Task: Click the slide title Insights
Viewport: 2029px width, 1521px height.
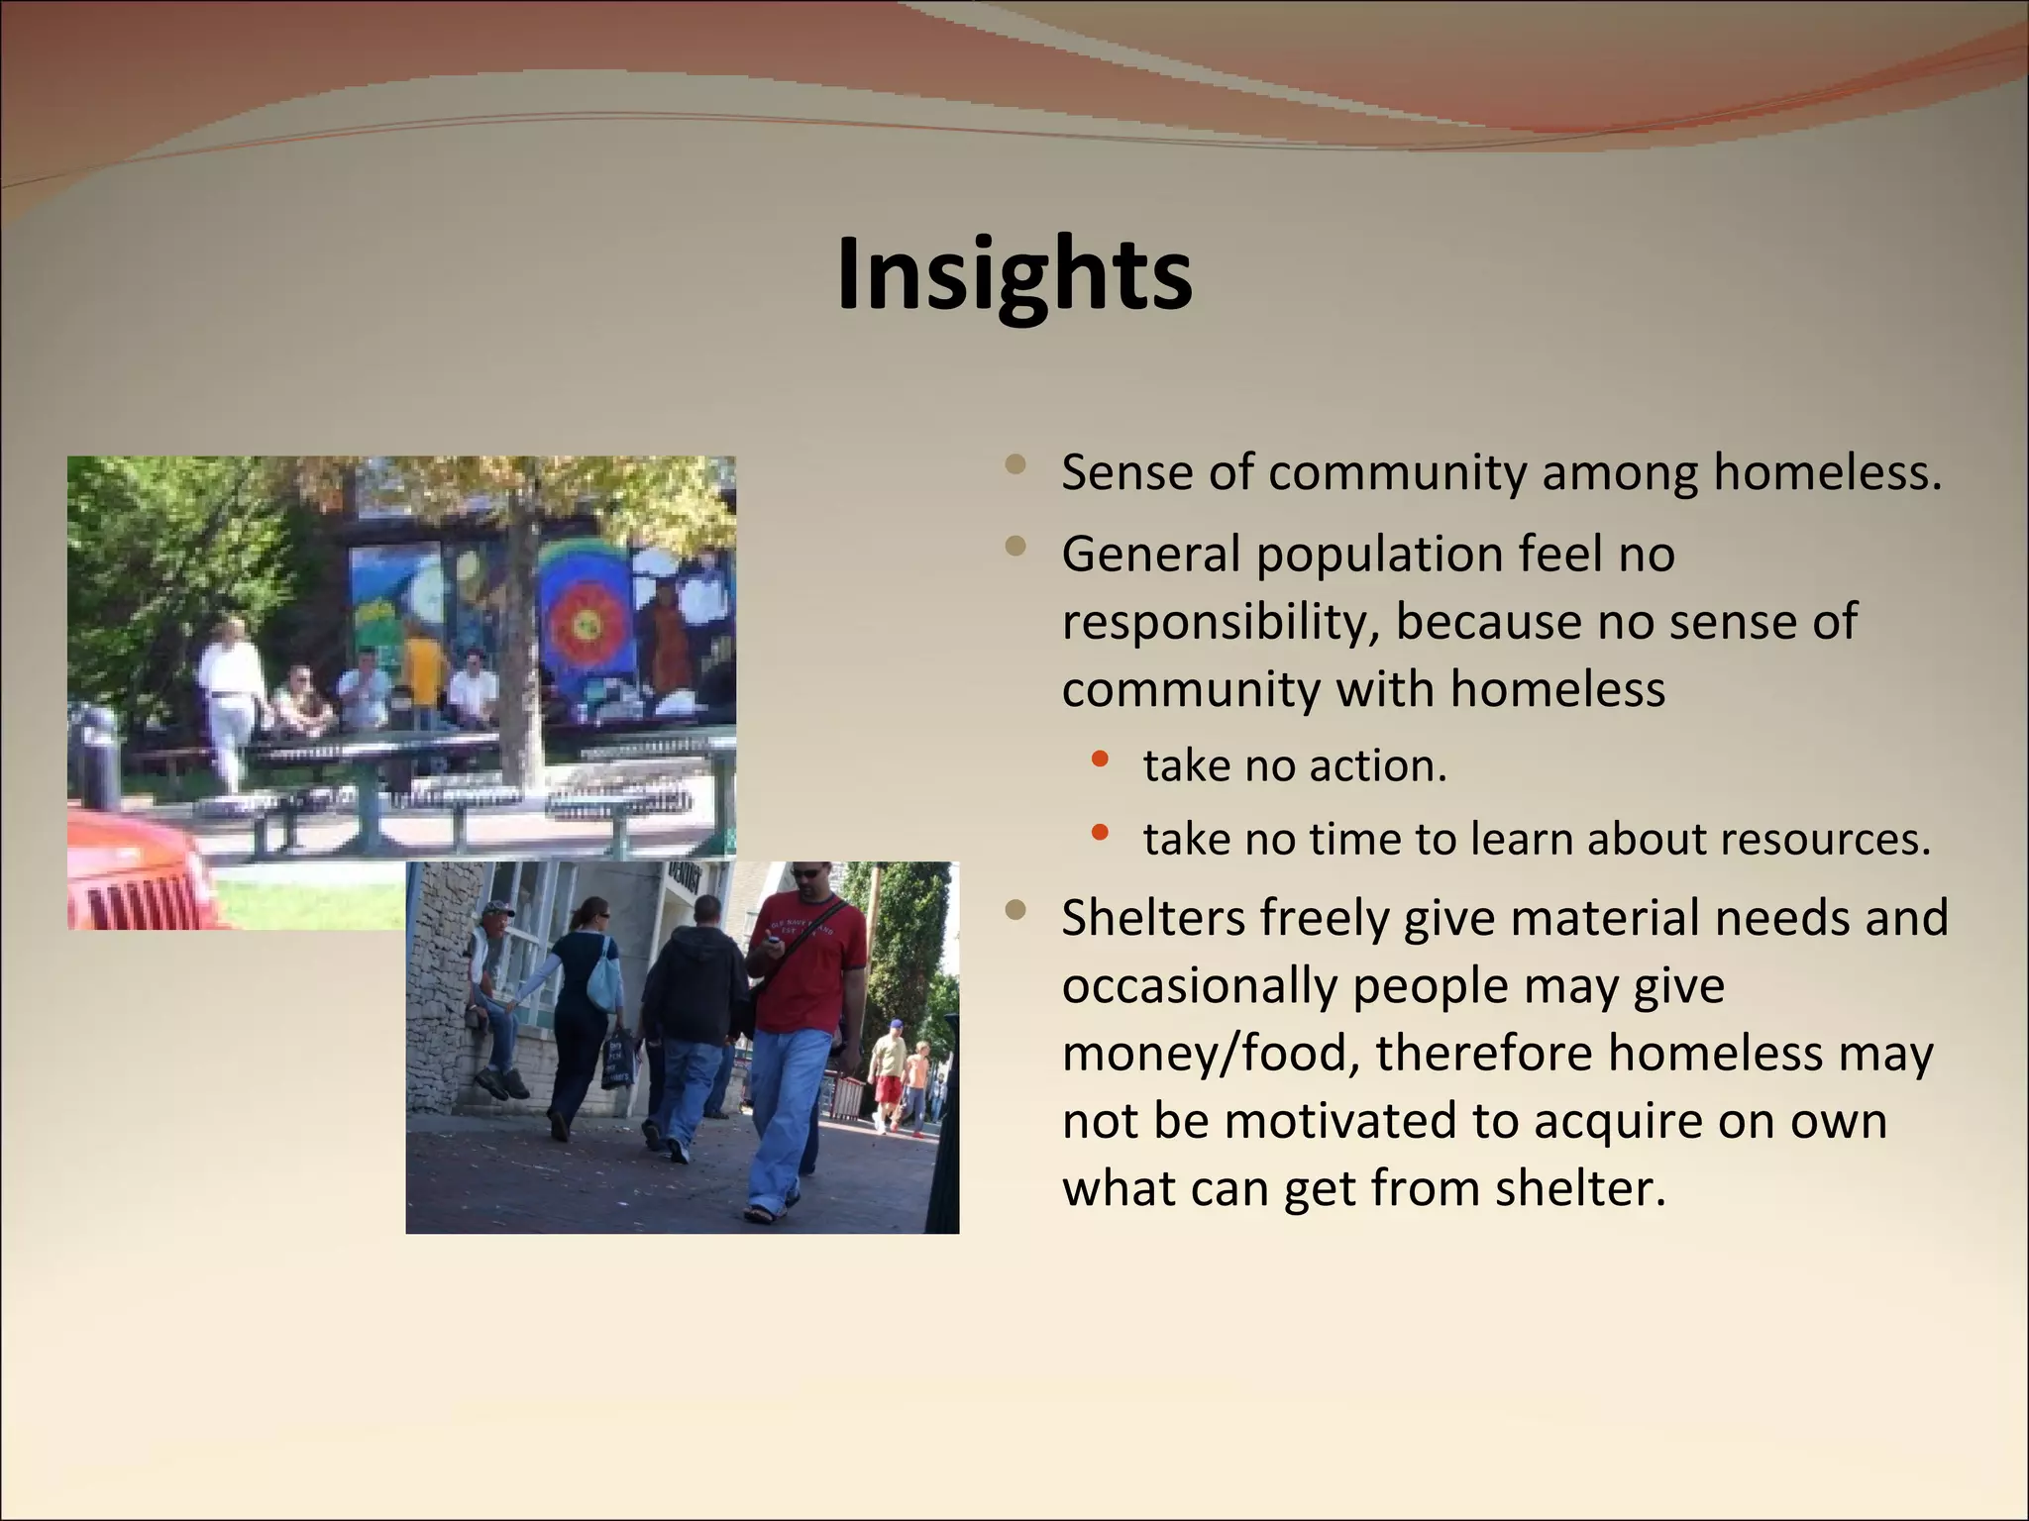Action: tap(1014, 274)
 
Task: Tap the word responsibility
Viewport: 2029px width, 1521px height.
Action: tap(1220, 622)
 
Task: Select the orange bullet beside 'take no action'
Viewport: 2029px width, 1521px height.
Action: tap(1099, 760)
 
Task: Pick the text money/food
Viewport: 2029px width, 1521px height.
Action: tap(1210, 1053)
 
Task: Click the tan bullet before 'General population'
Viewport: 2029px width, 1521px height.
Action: tap(1014, 546)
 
